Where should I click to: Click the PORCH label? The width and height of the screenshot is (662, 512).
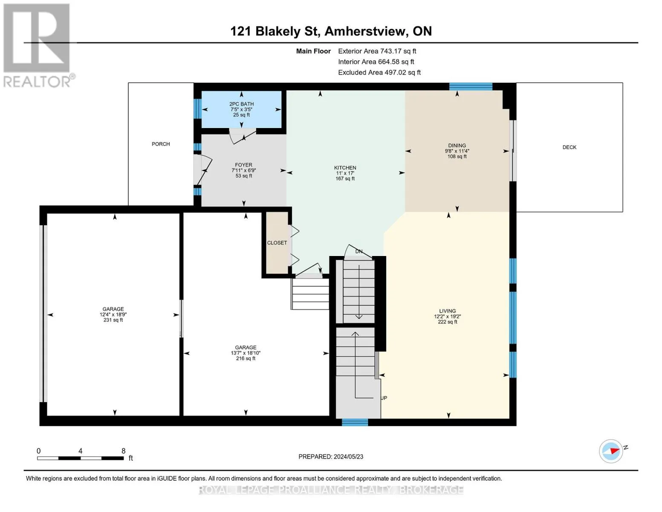[161, 144]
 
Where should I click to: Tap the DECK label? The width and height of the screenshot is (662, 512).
[569, 147]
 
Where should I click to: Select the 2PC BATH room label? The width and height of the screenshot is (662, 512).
[241, 104]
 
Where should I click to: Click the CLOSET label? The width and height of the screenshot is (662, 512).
[277, 243]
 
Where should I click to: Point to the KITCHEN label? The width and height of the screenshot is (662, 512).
[345, 168]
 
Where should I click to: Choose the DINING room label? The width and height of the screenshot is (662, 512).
[457, 146]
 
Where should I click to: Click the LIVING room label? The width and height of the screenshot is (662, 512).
[447, 311]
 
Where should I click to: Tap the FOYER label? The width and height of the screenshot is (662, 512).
[243, 165]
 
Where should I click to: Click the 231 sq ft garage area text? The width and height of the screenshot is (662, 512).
[113, 320]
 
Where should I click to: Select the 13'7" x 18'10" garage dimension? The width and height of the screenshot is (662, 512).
[246, 353]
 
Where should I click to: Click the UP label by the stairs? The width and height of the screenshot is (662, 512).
[384, 398]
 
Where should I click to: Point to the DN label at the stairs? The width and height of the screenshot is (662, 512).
[359, 252]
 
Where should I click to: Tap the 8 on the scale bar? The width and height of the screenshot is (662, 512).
[123, 451]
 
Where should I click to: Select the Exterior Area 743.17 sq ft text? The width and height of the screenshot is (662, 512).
[377, 51]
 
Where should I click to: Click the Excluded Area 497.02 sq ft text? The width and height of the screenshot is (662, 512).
[379, 73]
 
